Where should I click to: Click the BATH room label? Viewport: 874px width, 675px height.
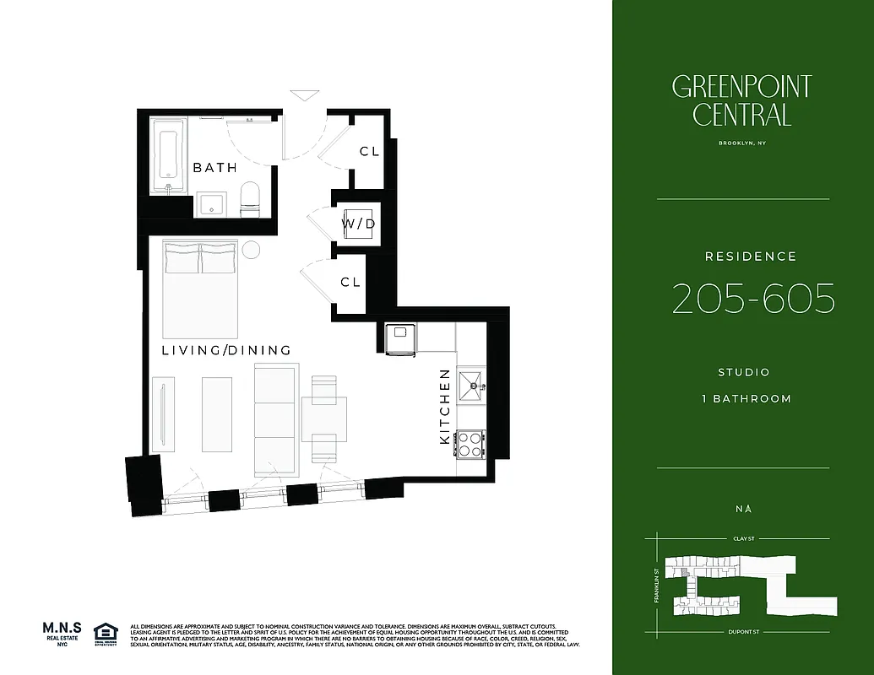tap(214, 168)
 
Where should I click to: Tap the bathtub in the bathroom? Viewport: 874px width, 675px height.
tap(168, 157)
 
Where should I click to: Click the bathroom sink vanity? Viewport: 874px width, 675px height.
tap(211, 204)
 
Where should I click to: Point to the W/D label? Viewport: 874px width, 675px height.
tap(358, 224)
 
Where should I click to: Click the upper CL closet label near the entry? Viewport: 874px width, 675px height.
tap(369, 152)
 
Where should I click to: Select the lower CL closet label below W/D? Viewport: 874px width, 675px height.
tap(350, 283)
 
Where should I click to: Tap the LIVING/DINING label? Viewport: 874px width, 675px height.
tap(225, 350)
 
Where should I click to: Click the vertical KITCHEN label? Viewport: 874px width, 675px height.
tap(445, 407)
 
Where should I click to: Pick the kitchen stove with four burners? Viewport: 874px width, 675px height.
tap(470, 443)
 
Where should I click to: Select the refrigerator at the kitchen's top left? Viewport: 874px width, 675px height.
tap(399, 339)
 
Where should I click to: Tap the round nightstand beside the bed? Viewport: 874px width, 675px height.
tap(252, 250)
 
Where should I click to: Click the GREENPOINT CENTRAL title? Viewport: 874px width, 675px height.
tap(741, 100)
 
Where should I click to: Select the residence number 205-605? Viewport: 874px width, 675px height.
tap(753, 299)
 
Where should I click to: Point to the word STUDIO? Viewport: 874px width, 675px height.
tap(743, 372)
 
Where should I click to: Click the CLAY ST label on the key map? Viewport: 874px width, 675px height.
tap(742, 537)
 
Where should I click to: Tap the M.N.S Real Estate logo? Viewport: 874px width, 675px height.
tap(63, 634)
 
